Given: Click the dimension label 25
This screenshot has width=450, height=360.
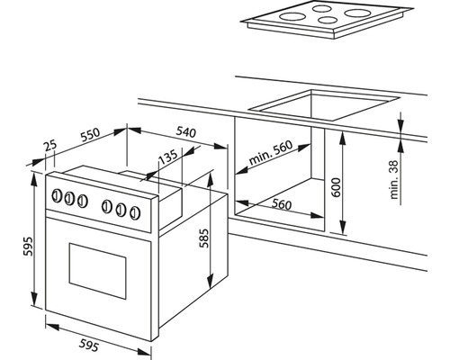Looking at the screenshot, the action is pos(50,146).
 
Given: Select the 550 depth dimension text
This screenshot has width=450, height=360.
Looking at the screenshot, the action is pos(90,135).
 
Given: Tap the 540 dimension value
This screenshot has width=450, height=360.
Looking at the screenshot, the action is pos(185,131).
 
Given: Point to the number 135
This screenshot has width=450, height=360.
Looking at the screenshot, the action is pos(167,157).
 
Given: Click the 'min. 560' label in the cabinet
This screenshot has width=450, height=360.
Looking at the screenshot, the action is pos(271,152).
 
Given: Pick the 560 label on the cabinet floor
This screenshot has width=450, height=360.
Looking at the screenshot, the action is pos(282,204).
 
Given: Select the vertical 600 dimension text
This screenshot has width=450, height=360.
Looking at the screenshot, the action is pos(337,187).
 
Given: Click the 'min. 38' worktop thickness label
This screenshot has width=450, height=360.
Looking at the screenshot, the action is pos(394,179).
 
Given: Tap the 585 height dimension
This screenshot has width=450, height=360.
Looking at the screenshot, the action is pos(204,238).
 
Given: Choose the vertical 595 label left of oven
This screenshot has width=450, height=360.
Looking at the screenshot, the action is pos(28,247).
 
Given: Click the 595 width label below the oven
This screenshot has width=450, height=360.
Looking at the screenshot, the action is pos(89,346).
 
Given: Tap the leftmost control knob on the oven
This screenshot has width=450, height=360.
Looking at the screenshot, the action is pos(56,196).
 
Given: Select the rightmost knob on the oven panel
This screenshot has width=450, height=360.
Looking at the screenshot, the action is pos(135,212).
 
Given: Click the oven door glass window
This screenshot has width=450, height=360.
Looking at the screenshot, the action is pos(97,271).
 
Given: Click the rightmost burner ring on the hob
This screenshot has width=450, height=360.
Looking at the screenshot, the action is pos(358,13).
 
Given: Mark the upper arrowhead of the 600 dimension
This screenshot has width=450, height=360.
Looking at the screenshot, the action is pos(342,139).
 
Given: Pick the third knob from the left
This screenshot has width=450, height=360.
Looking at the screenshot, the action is pos(82,201).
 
